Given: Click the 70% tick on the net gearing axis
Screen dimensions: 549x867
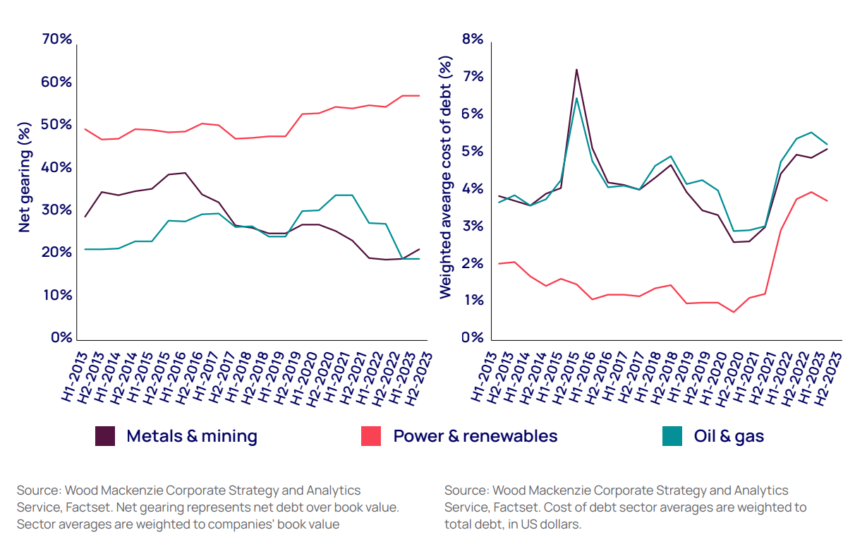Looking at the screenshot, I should click(x=57, y=40).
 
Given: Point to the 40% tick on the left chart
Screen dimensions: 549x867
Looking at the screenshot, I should click(x=57, y=167).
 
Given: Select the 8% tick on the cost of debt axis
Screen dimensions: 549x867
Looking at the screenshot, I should click(x=473, y=40).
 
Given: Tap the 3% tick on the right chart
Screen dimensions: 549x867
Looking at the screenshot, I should click(x=473, y=227).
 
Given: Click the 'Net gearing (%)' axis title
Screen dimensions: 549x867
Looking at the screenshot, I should click(x=25, y=177).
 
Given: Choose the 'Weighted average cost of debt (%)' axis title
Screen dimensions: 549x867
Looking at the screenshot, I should click(x=445, y=179).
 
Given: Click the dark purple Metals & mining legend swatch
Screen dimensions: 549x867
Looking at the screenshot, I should click(x=105, y=436).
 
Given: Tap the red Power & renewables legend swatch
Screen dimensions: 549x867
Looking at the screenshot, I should click(x=371, y=436).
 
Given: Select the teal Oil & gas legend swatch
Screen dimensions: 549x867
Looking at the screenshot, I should click(x=672, y=436).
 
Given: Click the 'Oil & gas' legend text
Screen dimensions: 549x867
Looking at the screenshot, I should click(x=729, y=436).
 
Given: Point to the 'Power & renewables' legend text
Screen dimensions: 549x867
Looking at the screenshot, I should click(x=475, y=436).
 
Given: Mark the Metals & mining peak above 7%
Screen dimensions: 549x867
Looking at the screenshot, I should click(x=576, y=69).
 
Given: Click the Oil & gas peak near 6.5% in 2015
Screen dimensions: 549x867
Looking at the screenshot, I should click(x=576, y=98).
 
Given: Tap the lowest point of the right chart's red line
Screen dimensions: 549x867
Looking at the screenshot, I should click(x=734, y=312).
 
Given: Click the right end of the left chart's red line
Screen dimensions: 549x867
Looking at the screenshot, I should click(x=420, y=95).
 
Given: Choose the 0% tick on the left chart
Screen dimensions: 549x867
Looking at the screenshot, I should click(x=61, y=337).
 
